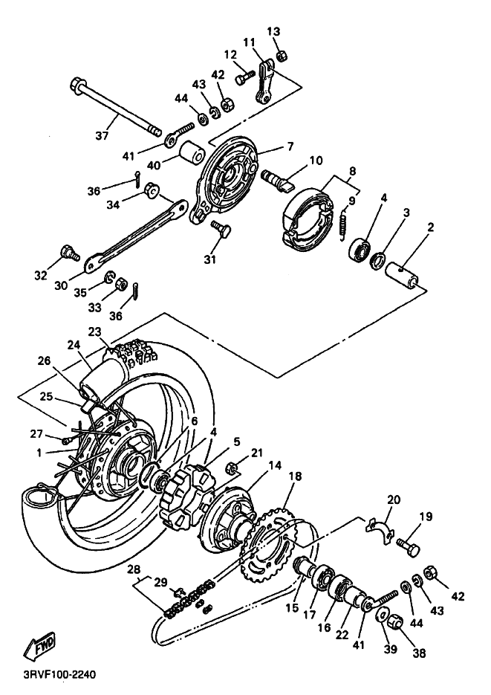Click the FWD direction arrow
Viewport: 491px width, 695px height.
point(39,644)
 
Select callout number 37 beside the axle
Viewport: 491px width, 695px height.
point(103,135)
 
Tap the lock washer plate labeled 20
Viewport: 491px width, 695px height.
point(379,530)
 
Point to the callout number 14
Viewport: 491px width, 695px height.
point(275,465)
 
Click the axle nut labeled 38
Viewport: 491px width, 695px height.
point(394,624)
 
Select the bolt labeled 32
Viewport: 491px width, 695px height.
point(70,253)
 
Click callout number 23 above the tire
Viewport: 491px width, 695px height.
point(95,332)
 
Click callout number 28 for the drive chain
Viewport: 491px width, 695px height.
point(134,569)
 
